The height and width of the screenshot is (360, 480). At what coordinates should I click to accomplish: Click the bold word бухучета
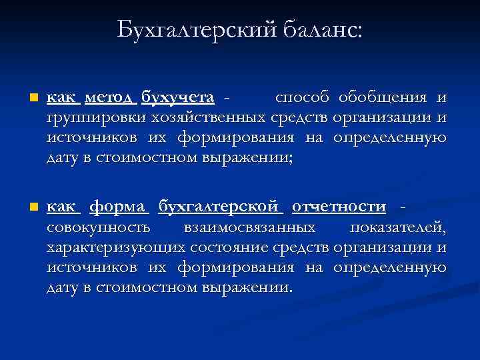pos(177,98)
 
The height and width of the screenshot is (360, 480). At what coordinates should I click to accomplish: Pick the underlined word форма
pos(119,207)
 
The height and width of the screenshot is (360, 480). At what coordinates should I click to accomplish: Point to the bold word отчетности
pos(339,207)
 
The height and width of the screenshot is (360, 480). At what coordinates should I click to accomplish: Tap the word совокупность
pos(98,228)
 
